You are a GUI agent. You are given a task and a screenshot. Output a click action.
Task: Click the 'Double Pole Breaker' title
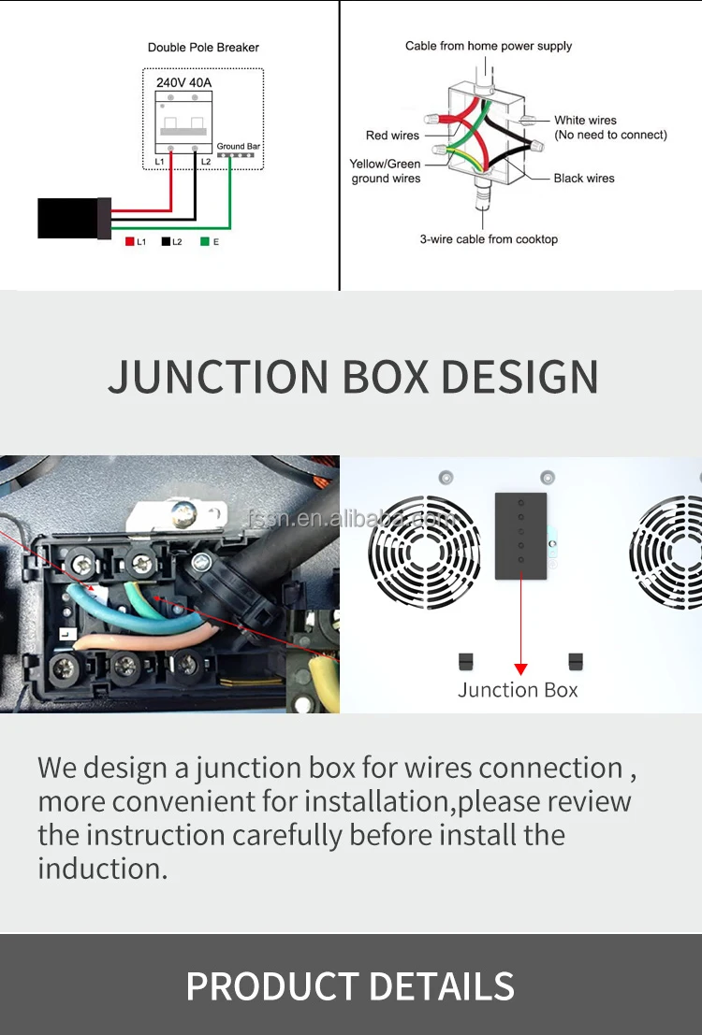tap(203, 48)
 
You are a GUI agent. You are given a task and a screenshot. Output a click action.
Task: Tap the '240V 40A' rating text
tap(183, 82)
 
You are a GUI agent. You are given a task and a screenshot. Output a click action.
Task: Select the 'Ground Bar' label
tap(238, 147)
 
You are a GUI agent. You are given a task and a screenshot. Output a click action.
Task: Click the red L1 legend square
tap(130, 241)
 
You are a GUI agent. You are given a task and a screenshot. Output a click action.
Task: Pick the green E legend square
tap(204, 241)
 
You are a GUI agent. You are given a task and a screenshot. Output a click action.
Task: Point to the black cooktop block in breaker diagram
tap(68, 218)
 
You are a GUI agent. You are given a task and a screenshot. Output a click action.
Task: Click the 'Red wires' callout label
tap(392, 136)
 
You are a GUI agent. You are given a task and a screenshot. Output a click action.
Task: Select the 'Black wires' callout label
tap(584, 178)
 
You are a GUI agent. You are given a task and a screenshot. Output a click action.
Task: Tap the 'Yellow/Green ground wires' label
tap(386, 171)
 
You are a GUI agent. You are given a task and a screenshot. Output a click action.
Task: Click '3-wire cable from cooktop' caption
tap(489, 239)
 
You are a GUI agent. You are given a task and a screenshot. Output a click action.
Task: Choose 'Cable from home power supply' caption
tap(489, 46)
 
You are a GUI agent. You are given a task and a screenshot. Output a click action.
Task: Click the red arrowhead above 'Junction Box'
tap(520, 668)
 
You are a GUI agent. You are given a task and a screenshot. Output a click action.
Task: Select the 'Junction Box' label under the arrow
tap(518, 690)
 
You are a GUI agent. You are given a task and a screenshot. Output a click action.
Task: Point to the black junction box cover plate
tap(520, 536)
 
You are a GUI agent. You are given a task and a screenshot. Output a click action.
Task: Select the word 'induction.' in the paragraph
tap(103, 869)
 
